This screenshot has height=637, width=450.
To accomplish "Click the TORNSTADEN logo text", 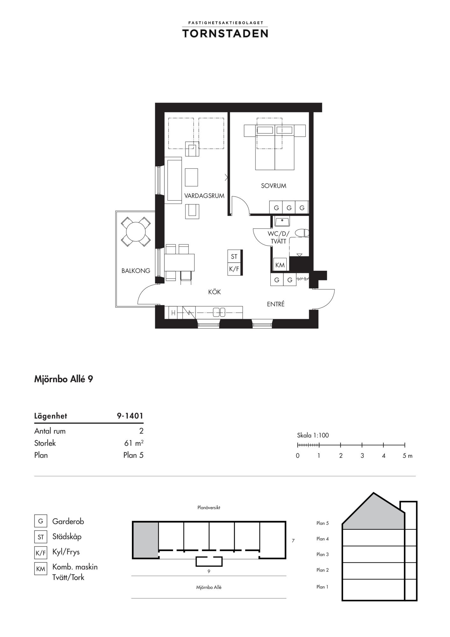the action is point(225,33).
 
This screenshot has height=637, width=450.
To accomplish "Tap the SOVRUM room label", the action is point(274,186).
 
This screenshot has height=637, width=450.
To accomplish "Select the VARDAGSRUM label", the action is point(204,196).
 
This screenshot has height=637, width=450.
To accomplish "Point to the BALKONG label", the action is point(136,271).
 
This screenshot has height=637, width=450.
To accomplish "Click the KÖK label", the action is point(214,292).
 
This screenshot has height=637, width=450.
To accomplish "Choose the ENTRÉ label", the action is point(276,304).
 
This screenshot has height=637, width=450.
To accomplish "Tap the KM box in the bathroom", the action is point(280,265).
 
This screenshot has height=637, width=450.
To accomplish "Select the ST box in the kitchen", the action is point(234,256).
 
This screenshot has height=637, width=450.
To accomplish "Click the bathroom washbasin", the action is point(282,221).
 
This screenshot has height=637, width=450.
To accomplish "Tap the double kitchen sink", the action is point(219,312).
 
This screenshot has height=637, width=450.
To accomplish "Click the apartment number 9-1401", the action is point(130,416).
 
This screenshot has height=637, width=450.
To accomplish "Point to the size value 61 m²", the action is point(133,443).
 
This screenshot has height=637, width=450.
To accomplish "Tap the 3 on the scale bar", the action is point(362,456).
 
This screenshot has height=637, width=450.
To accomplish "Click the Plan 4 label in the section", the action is point(323,539).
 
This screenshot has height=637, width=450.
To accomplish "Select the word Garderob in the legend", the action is point(68,521).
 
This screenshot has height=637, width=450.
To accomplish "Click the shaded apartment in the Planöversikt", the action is point(146,540).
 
